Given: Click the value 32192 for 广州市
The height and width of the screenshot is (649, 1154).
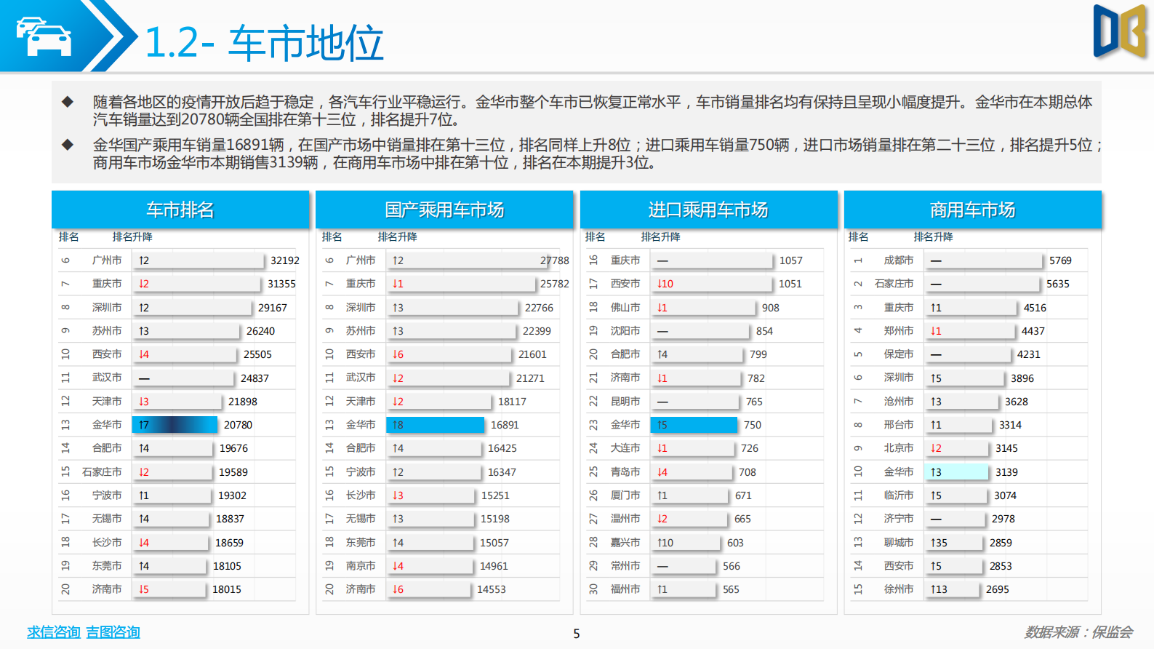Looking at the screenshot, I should (x=284, y=260).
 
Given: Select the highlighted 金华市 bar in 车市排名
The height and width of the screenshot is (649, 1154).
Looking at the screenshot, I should (x=175, y=425).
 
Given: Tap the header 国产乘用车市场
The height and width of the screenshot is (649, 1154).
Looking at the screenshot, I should (x=444, y=210).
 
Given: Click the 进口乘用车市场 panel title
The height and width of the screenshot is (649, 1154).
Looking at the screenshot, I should (x=708, y=210).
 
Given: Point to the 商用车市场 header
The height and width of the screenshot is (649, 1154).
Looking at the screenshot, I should (x=972, y=210).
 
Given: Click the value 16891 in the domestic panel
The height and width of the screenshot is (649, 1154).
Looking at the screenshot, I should (x=505, y=425).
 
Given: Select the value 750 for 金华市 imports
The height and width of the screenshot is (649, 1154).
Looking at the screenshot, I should (x=753, y=425).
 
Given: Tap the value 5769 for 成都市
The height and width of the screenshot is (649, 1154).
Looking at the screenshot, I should (x=1060, y=260).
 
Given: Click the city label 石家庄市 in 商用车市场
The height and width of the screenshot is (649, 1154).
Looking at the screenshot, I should (x=894, y=284).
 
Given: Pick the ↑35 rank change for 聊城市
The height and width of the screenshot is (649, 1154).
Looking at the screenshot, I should (x=939, y=543).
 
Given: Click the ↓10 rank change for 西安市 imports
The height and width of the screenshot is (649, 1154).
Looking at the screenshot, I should (x=665, y=284).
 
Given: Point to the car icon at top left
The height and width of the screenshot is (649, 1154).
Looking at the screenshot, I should (x=44, y=36).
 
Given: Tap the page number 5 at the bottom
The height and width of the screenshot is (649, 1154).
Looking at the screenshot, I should (x=577, y=634).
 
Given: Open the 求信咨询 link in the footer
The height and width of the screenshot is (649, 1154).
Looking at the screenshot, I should (x=53, y=632).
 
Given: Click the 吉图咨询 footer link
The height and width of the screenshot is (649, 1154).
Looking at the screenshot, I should (x=113, y=632).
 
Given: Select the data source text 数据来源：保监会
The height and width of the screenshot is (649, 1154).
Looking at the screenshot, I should (x=1078, y=632).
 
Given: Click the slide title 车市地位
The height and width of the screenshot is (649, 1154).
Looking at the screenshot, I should (x=306, y=43).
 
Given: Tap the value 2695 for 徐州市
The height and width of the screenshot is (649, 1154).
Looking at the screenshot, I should (x=997, y=589).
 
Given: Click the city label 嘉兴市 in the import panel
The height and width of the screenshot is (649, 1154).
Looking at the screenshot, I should (x=625, y=543).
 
